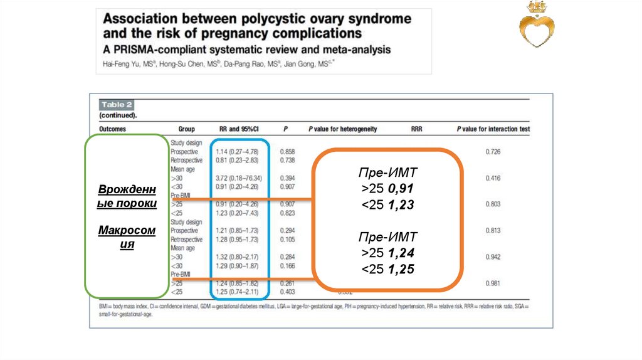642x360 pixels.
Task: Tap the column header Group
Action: click(187, 129)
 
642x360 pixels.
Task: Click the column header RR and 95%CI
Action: click(239, 129)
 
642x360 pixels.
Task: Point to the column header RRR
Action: click(416, 129)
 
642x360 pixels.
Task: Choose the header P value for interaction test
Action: click(493, 129)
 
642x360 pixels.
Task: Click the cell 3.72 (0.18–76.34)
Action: click(238, 178)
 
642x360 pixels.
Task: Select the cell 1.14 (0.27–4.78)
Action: click(238, 152)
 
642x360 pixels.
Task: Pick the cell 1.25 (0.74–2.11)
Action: click(238, 292)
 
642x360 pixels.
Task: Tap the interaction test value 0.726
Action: click(493, 152)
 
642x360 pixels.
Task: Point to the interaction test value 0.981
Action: click(493, 283)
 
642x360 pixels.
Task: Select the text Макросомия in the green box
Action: click(127, 238)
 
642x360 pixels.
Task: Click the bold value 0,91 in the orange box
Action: click(401, 188)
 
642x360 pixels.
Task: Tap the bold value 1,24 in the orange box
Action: click(401, 253)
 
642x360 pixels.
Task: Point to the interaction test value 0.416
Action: click(493, 178)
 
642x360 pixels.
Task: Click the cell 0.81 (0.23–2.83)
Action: click(238, 160)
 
